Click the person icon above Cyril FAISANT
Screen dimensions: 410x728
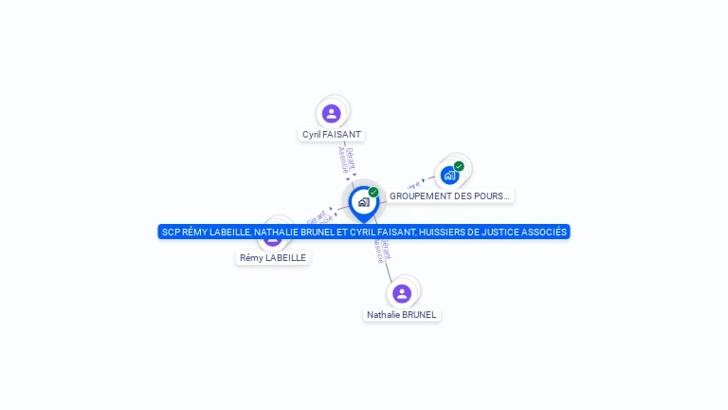[x=331, y=114]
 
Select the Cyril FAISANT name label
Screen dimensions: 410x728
[x=332, y=135]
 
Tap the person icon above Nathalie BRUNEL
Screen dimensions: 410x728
[x=402, y=293]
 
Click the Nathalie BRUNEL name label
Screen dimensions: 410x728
[x=403, y=314]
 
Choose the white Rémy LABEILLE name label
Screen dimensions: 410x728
[x=273, y=257]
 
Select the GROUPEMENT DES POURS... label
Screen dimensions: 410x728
[x=449, y=196]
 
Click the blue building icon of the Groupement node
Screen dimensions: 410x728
[x=449, y=176]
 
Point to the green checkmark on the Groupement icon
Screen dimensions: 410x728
[x=459, y=166]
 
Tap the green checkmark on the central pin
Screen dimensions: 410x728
[x=373, y=192]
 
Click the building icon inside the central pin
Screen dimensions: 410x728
[x=363, y=201]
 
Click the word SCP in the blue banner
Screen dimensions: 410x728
[x=171, y=232]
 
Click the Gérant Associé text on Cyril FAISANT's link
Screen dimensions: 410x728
[x=347, y=160]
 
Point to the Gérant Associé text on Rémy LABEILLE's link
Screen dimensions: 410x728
[x=318, y=218]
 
